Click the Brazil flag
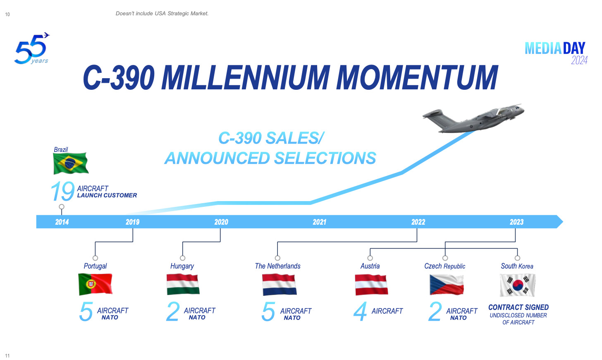(x=71, y=163)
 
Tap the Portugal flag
(x=96, y=284)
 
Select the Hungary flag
(x=183, y=284)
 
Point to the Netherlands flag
(x=279, y=285)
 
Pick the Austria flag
(x=371, y=285)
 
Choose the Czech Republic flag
(x=447, y=285)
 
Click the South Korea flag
(x=518, y=285)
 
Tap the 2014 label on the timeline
(x=62, y=222)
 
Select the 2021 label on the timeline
(x=319, y=222)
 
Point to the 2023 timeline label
(x=516, y=222)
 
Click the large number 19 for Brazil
(x=62, y=191)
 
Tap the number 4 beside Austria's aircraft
(x=360, y=311)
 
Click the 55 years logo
(x=32, y=49)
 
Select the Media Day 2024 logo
(x=556, y=53)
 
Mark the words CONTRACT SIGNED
(x=518, y=307)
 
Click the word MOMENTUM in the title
(x=417, y=77)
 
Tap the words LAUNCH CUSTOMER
(x=107, y=195)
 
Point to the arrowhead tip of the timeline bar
(x=563, y=222)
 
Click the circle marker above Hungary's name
(x=182, y=258)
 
